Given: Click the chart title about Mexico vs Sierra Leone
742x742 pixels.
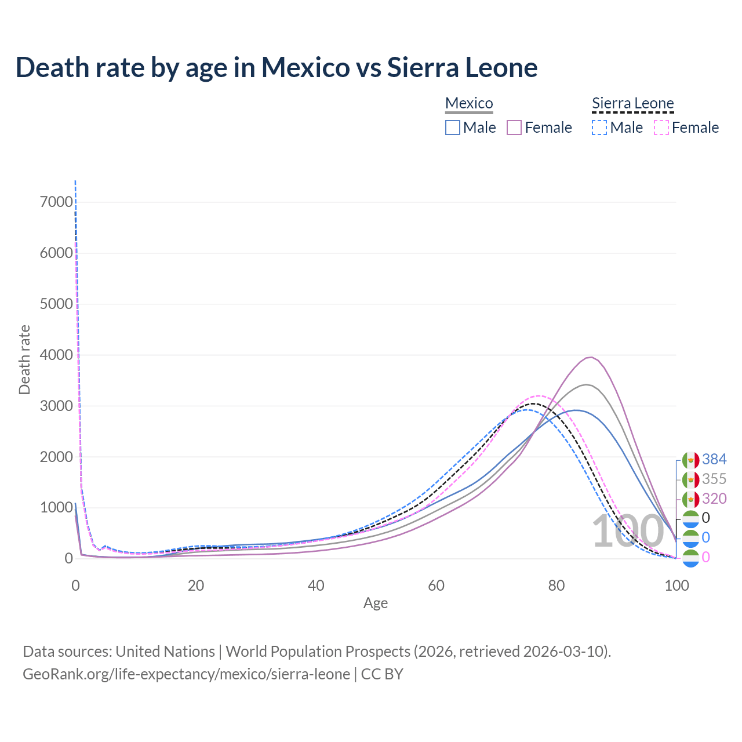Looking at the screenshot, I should tap(277, 67).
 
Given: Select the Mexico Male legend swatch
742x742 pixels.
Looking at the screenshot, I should tap(453, 128).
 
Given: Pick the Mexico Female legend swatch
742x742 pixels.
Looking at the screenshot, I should tap(514, 128).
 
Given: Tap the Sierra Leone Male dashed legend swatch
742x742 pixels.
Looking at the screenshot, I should tap(599, 128).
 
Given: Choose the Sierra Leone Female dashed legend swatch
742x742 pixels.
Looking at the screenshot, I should tap(661, 128).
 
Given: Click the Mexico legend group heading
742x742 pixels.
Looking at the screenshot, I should tap(469, 104).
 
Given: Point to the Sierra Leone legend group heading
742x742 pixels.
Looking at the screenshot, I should tap(632, 104).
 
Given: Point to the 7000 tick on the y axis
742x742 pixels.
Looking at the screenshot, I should tap(56, 202).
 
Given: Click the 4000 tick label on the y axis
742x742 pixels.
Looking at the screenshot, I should tap(56, 355).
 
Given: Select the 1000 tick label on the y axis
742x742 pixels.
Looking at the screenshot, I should tap(56, 508).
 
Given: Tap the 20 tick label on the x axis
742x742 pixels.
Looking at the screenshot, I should tap(196, 585).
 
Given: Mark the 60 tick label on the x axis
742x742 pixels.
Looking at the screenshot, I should tap(437, 585).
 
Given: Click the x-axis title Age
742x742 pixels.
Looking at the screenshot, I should tap(376, 603).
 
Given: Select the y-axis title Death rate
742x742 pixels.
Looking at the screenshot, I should tap(24, 360).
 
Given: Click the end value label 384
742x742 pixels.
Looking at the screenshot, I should tap(714, 460).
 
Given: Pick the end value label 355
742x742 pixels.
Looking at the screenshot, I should tap(714, 479).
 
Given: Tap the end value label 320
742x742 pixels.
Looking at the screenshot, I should tap(714, 499).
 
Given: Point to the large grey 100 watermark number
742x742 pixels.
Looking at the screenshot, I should tap(628, 532).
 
